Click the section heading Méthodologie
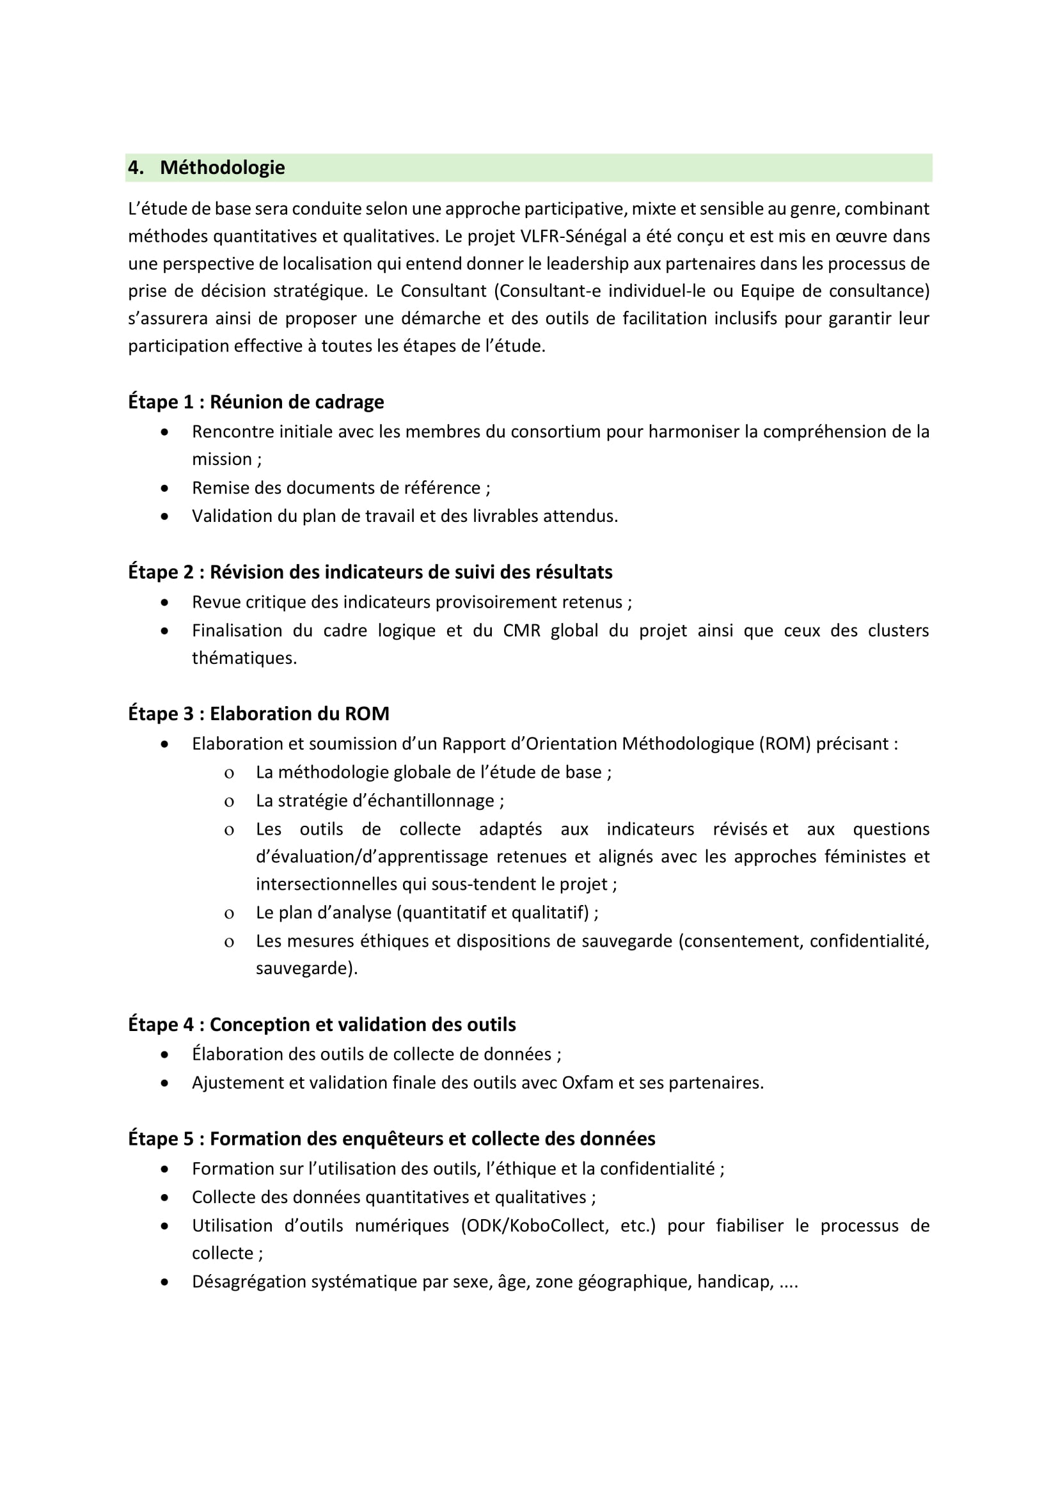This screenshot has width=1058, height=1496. [x=222, y=168]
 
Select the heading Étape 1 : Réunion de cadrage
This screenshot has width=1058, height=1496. [x=255, y=402]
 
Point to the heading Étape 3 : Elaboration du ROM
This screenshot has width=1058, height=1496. [x=258, y=714]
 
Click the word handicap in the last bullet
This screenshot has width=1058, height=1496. [x=735, y=1282]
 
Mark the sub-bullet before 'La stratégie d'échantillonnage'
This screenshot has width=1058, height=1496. [x=228, y=801]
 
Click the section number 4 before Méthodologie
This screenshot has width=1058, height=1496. [x=134, y=168]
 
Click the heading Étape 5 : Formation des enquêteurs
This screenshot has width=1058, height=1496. [x=391, y=1138]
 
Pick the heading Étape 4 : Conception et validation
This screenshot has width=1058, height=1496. [x=322, y=1024]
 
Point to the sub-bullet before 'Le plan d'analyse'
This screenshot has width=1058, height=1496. [x=228, y=913]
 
